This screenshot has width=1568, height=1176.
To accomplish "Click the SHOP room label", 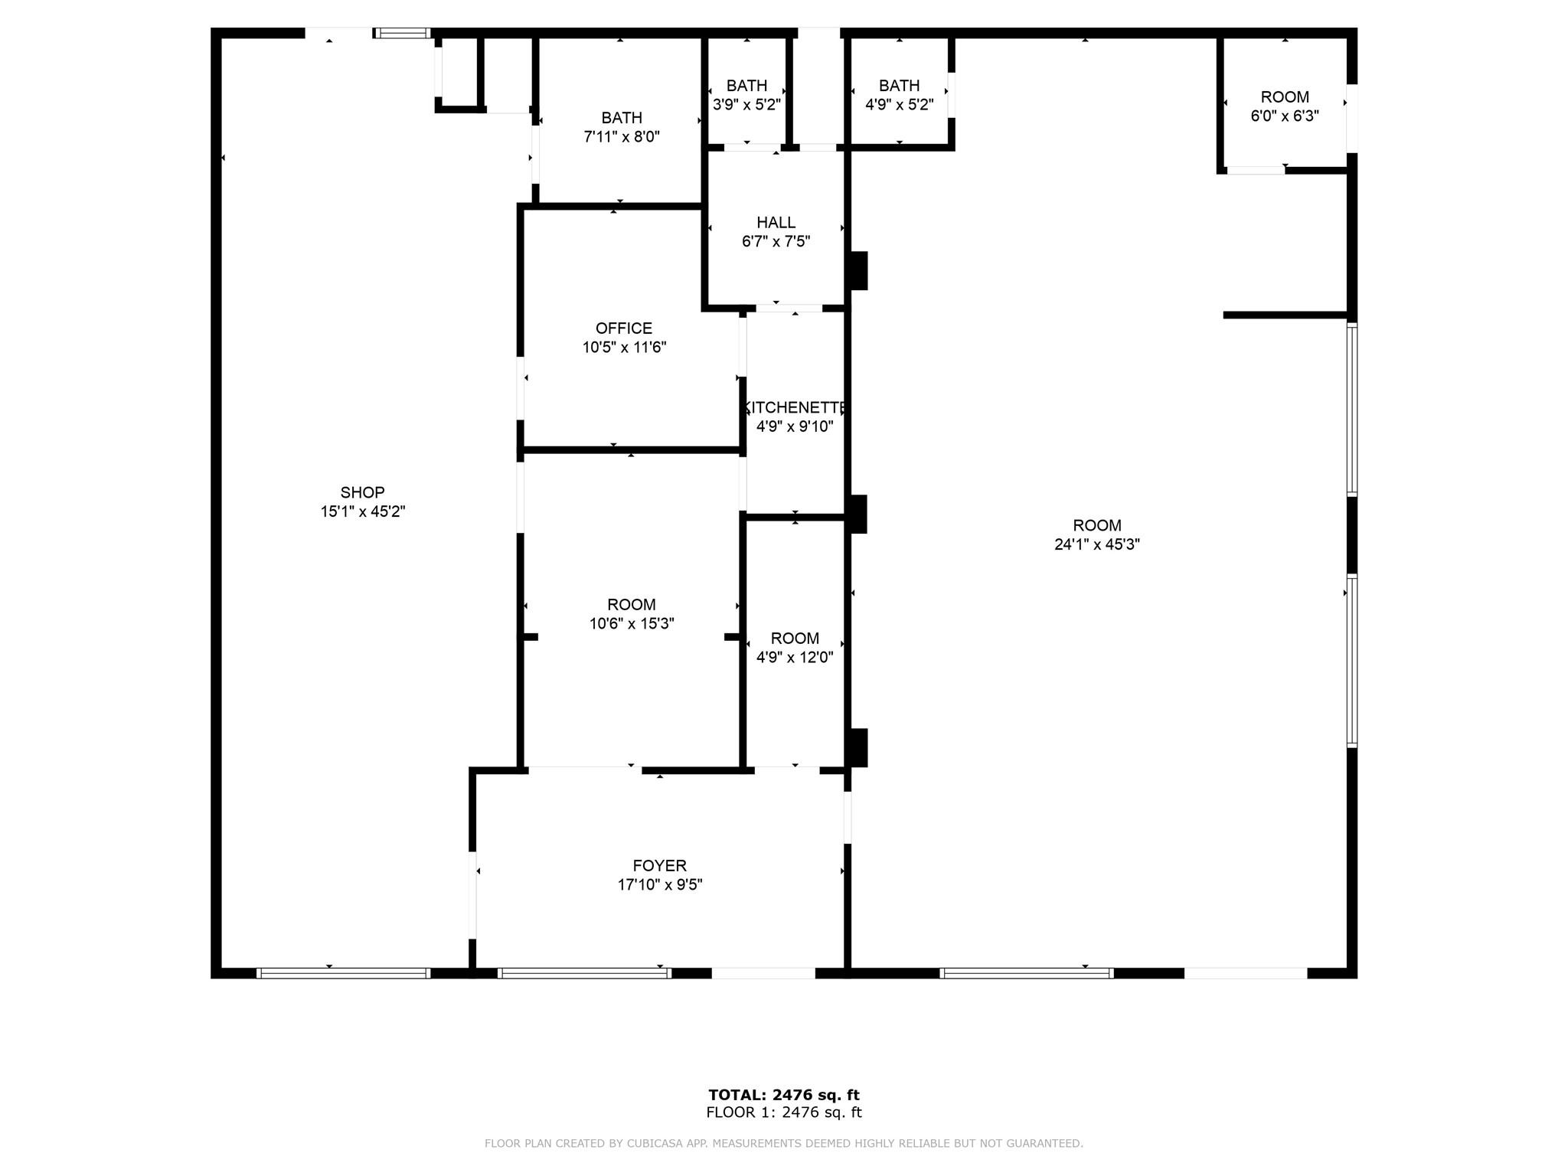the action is (x=362, y=492).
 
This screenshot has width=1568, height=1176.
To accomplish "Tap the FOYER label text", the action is (x=659, y=866).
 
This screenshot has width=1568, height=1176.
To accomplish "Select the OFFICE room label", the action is (x=624, y=328).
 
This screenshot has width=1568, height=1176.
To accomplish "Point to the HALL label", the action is (x=776, y=223).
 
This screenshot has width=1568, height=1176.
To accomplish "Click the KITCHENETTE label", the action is (x=795, y=407).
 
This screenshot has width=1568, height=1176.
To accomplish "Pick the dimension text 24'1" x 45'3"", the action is (x=1097, y=544).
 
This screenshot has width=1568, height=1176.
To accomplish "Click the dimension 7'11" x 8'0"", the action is (x=622, y=137).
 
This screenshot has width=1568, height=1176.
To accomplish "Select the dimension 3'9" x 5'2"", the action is (x=746, y=105).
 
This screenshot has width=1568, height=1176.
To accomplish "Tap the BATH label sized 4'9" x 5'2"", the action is (x=899, y=86).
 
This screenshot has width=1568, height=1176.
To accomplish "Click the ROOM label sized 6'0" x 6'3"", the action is (x=1285, y=97).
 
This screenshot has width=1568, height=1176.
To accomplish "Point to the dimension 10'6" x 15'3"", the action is (x=632, y=624).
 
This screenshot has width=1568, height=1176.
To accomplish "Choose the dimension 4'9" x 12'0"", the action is (x=795, y=657).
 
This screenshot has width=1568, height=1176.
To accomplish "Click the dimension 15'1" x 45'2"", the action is (x=363, y=511).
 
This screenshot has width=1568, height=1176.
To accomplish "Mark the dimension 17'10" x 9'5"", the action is (x=660, y=885).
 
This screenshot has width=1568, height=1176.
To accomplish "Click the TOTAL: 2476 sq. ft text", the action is (x=784, y=1095).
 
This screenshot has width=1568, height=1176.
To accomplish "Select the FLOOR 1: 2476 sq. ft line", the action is (x=784, y=1112).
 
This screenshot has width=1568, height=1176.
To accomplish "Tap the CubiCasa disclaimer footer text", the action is (x=784, y=1143).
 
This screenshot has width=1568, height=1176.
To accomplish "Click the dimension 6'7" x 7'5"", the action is (x=776, y=242).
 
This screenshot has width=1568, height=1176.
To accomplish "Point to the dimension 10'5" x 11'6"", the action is (x=624, y=348).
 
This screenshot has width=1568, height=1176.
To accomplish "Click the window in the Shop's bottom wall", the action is (x=343, y=973).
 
